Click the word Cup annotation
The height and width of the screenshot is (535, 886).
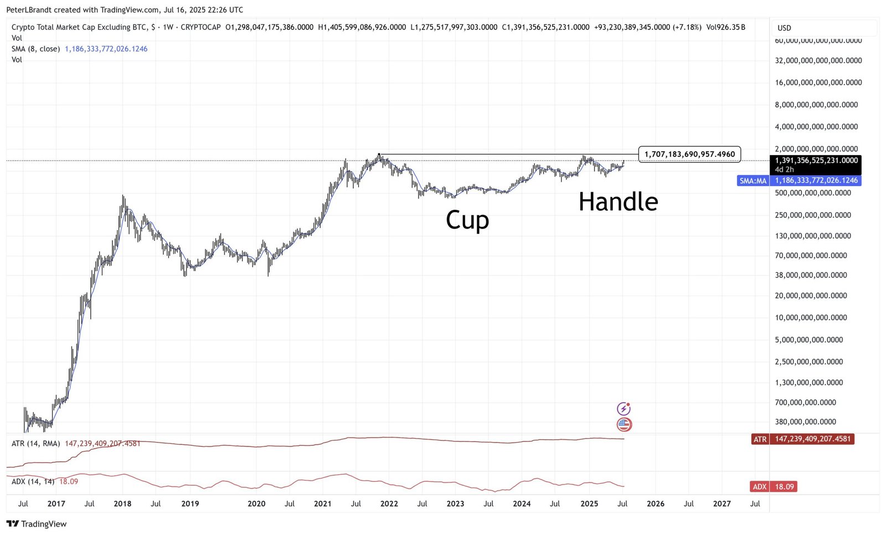467,220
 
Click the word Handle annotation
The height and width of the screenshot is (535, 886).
618,202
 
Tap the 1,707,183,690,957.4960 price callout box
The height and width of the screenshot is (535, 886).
689,154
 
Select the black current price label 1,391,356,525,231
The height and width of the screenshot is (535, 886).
816,161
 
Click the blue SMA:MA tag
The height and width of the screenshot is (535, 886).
753,181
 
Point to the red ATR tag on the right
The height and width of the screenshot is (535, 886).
760,439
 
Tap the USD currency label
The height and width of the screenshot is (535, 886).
784,28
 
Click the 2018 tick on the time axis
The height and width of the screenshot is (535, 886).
122,504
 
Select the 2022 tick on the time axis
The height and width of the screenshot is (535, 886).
389,504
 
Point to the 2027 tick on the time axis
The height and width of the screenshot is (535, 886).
722,504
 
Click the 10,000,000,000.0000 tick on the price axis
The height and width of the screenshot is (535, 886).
811,318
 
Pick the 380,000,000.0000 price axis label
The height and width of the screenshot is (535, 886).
805,422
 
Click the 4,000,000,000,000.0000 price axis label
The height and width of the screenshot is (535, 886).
816,127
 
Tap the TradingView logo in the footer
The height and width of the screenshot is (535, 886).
37,524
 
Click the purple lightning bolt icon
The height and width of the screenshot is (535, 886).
624,409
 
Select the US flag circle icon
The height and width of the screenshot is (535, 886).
624,425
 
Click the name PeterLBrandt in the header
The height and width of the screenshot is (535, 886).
28,10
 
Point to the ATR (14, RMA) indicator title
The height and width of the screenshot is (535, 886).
35,444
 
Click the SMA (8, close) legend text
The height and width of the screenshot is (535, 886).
35,49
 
